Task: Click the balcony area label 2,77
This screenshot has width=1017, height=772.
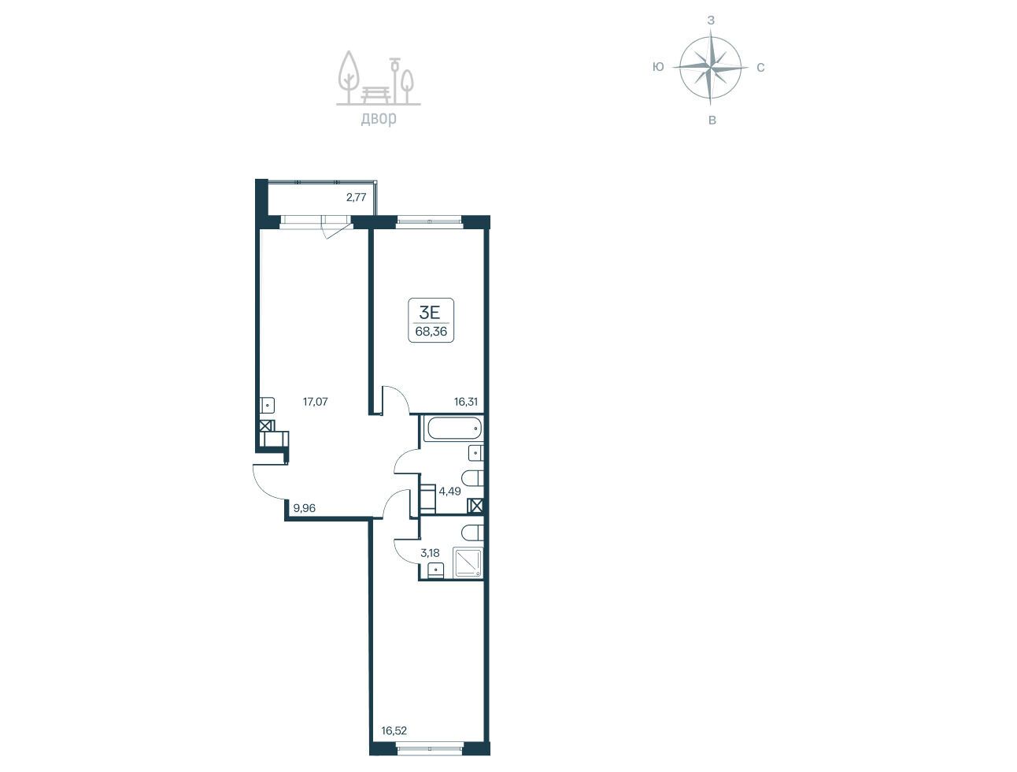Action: tap(356, 197)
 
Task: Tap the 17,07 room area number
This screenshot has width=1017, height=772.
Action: tap(315, 402)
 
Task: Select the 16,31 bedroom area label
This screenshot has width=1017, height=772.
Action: tap(465, 402)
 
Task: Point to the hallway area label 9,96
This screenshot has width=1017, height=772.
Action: tap(305, 508)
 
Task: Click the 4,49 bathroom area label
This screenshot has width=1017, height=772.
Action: tap(449, 492)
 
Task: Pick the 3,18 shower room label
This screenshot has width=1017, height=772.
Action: tap(430, 553)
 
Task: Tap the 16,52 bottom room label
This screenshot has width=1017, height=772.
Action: tap(394, 731)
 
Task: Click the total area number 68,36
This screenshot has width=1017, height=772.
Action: tap(431, 332)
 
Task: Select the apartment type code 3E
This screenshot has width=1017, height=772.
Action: tap(430, 313)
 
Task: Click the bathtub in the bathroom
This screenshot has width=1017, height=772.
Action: tap(453, 429)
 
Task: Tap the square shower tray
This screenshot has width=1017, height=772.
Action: tap(468, 563)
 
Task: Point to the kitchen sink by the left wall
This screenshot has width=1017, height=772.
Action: tap(268, 405)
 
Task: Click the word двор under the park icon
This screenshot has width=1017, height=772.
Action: tap(379, 119)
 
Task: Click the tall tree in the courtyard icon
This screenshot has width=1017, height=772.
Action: tap(349, 76)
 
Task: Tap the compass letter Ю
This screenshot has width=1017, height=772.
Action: tap(658, 67)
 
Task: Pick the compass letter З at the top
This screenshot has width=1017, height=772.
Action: tap(711, 20)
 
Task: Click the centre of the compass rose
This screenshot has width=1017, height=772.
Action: tap(710, 68)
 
